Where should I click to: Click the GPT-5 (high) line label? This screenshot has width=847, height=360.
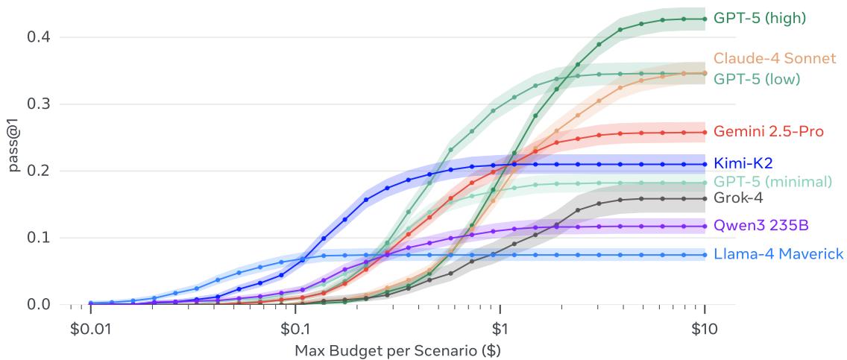[x=760, y=18]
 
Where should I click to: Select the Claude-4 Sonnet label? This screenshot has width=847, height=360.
[x=773, y=58]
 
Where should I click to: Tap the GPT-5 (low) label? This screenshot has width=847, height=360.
[x=757, y=78]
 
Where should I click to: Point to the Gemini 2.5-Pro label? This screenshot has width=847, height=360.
[x=768, y=132]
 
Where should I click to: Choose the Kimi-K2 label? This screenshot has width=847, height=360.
[x=743, y=163]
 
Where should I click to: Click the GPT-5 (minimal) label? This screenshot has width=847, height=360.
[x=772, y=181]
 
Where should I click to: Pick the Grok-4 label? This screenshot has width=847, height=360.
[x=738, y=198]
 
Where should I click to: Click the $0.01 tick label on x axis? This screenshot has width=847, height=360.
[x=90, y=327]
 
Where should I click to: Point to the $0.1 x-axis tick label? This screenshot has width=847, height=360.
[x=295, y=327]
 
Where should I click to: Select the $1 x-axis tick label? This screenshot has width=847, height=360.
[x=500, y=327]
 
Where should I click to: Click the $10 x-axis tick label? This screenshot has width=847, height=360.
[x=705, y=327]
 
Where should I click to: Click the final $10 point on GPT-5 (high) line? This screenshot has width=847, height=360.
[x=705, y=19]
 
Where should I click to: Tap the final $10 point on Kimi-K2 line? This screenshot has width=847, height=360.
[x=705, y=164]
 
